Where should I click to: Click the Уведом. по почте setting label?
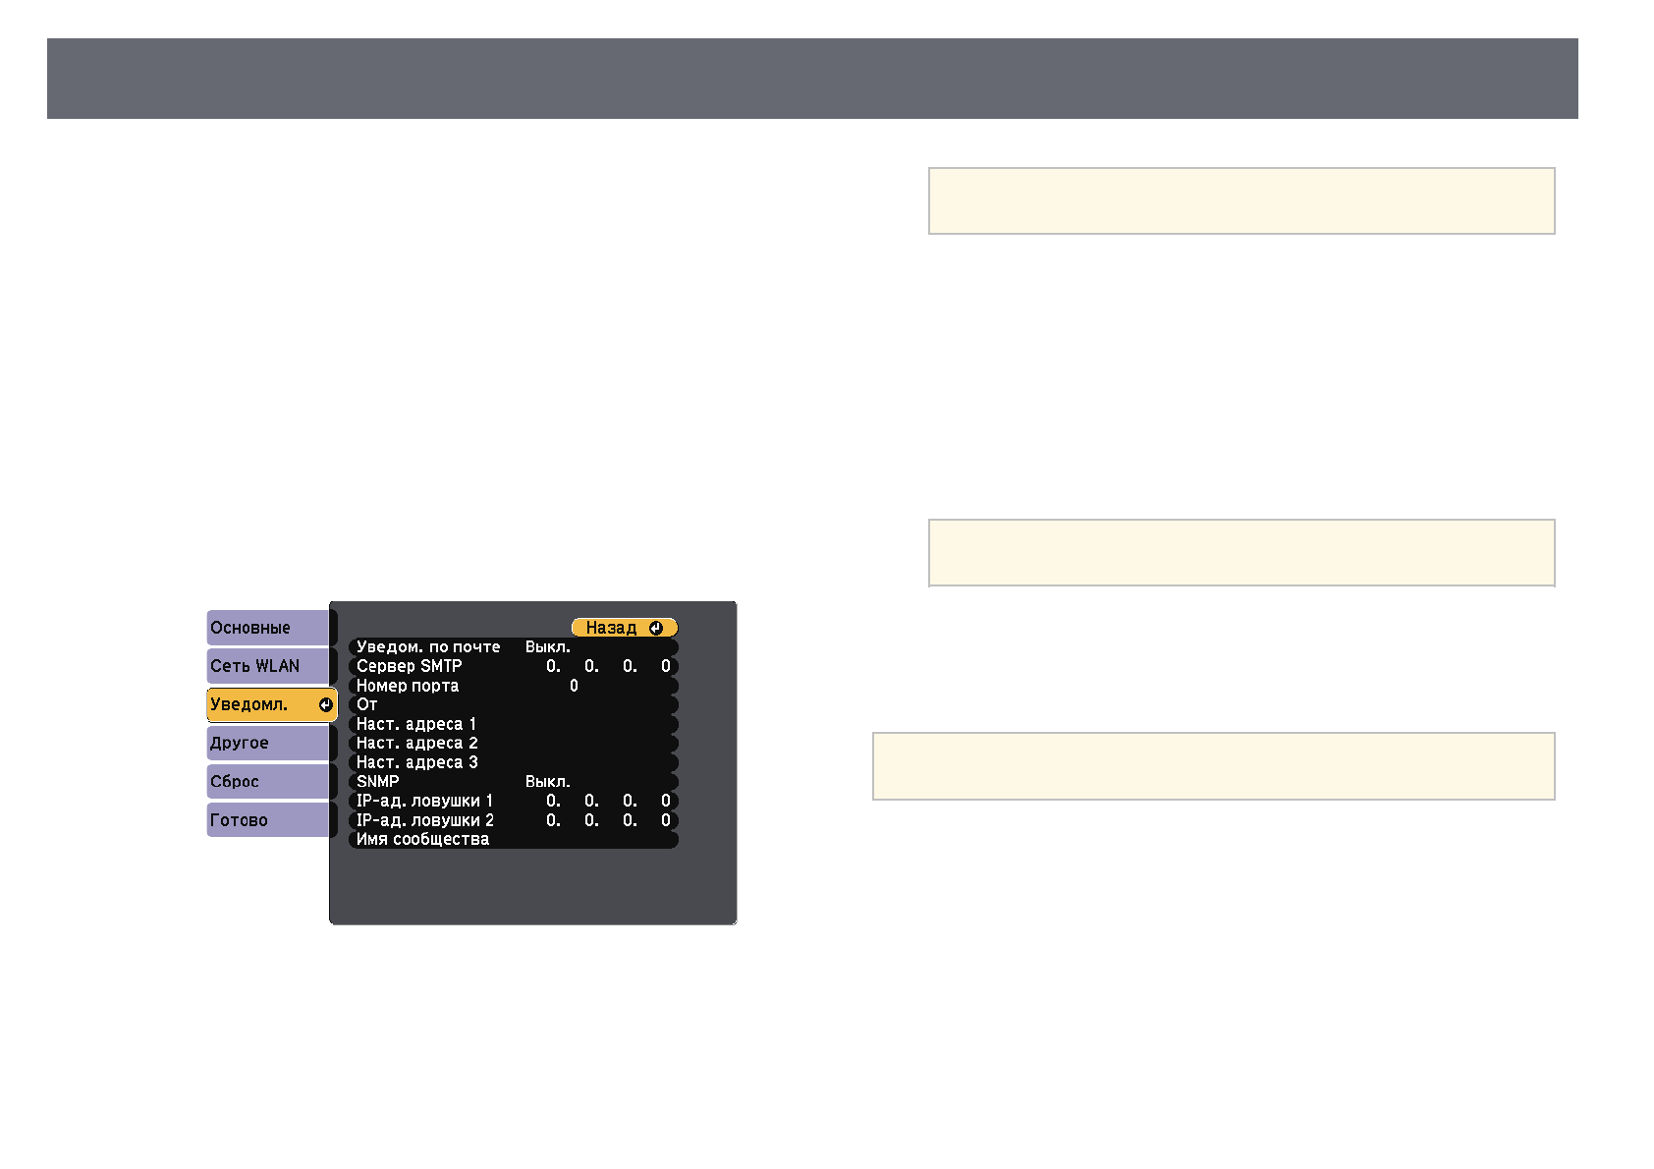pyautogui.click(x=428, y=647)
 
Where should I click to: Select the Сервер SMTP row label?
pyautogui.click(x=409, y=666)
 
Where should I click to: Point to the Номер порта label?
pyautogui.click(x=407, y=686)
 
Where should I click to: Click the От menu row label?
pyautogui.click(x=367, y=704)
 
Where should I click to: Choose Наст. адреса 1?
pyautogui.click(x=416, y=724)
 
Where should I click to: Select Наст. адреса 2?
pyautogui.click(x=416, y=743)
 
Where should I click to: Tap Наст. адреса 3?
pyautogui.click(x=416, y=762)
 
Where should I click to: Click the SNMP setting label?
pyautogui.click(x=378, y=782)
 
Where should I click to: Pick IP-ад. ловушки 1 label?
pyautogui.click(x=424, y=801)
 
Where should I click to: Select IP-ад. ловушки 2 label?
pyautogui.click(x=424, y=820)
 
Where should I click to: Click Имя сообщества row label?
pyautogui.click(x=422, y=839)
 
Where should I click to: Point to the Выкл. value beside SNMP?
pyautogui.click(x=547, y=782)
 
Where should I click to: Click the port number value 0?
pyautogui.click(x=574, y=686)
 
